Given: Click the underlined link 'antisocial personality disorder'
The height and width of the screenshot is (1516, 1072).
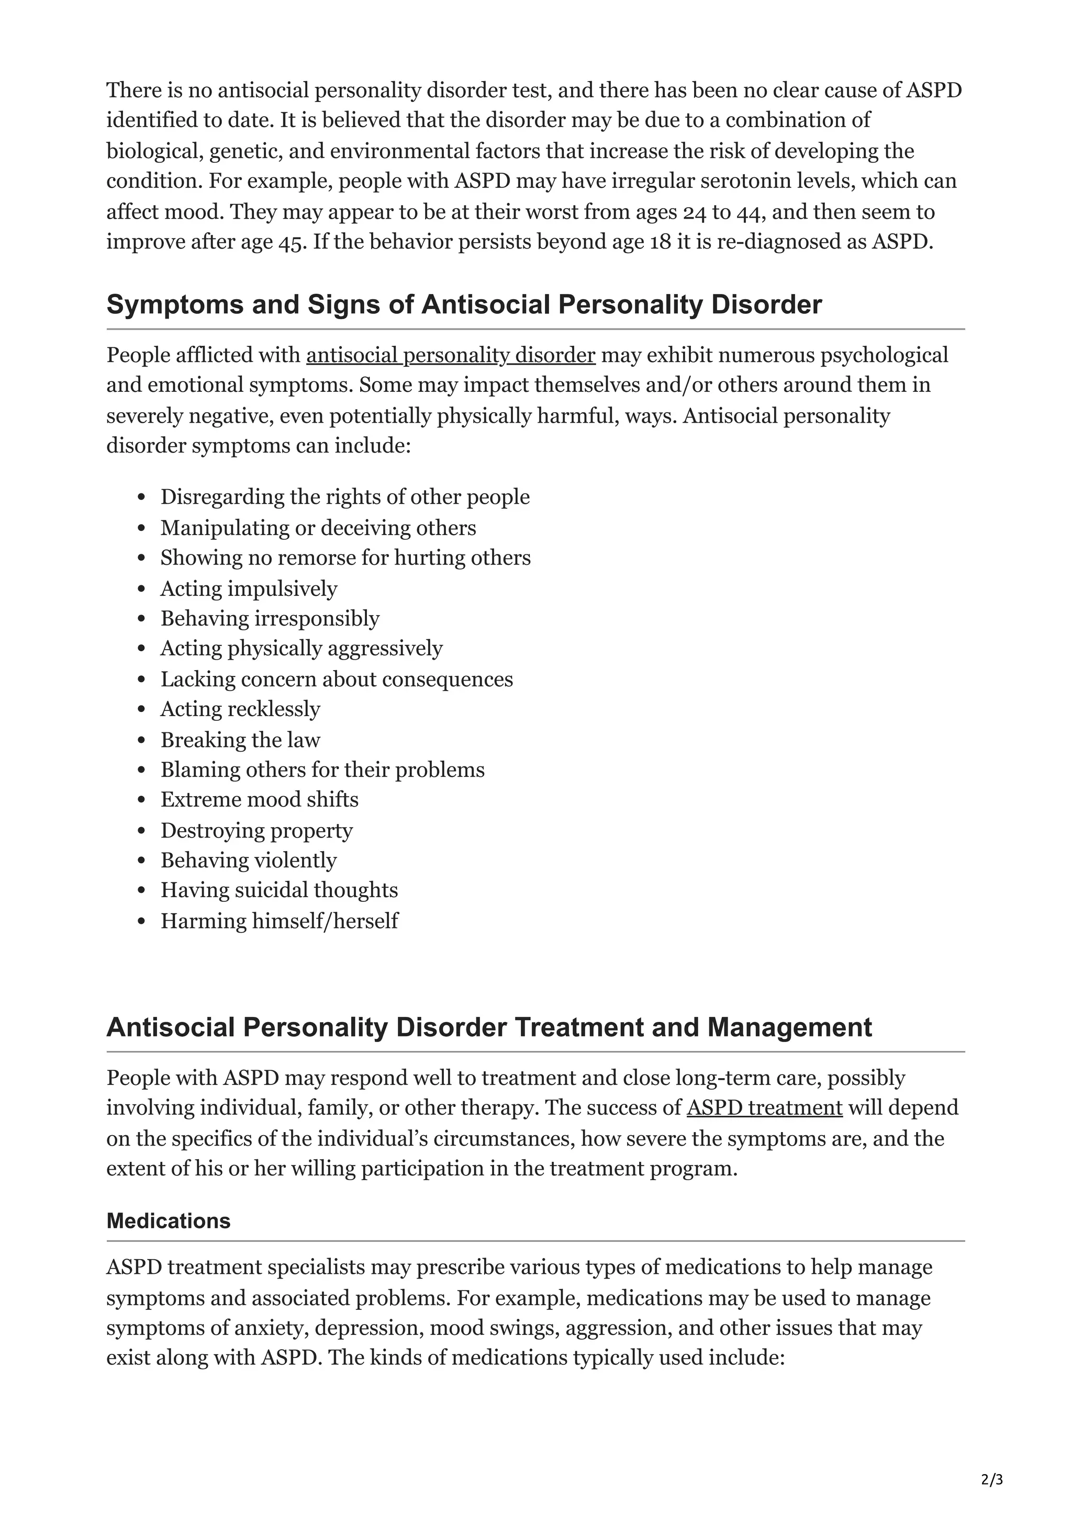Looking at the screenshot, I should (451, 355).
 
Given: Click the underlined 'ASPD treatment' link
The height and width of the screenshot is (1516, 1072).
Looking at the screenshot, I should (764, 1107).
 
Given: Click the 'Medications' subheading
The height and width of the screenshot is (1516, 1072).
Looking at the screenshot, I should (169, 1221).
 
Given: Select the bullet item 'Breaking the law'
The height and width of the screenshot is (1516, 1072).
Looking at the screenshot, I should (240, 740).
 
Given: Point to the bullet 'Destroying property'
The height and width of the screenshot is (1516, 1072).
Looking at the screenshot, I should (256, 830).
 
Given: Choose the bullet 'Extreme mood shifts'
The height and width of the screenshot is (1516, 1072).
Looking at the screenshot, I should (259, 800).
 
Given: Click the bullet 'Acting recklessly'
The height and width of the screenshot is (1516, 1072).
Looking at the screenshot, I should (240, 709).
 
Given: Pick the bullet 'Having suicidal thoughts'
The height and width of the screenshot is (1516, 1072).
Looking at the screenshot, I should (279, 890).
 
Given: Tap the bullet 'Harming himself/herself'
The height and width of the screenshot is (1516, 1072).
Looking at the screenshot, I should (279, 921).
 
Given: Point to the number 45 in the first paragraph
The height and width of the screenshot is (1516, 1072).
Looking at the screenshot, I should (290, 242).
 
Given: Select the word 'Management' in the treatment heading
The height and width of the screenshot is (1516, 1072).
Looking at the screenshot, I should (789, 1027).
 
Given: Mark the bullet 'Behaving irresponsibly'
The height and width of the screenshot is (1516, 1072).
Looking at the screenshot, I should (270, 619).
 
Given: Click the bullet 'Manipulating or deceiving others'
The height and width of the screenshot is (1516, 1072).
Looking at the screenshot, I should (318, 528).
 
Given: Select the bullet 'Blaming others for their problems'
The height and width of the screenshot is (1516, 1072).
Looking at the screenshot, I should (322, 770).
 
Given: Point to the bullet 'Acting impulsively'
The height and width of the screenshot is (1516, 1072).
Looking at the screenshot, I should (248, 589).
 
